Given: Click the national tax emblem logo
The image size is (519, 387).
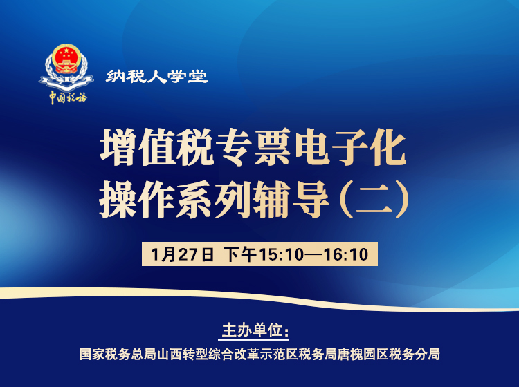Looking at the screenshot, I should point(66,66).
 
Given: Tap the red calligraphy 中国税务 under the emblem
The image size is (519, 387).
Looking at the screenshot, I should point(67,97).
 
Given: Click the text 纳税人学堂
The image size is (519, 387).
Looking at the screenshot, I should point(157,77).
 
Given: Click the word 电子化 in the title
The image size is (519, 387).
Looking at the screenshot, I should point(356,148).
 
